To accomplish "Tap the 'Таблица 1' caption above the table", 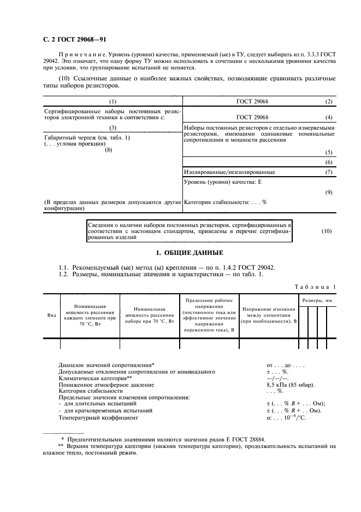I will [x=316, y=287].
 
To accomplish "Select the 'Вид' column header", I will [x=51, y=315].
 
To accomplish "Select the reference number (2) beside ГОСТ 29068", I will [x=328, y=102].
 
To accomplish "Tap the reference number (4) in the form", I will [x=328, y=117].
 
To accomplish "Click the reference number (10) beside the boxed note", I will [x=327, y=231].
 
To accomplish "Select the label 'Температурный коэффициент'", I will [x=98, y=417].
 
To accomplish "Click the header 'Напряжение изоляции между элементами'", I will [x=270, y=315].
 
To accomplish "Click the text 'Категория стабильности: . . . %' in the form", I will [x=225, y=202].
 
